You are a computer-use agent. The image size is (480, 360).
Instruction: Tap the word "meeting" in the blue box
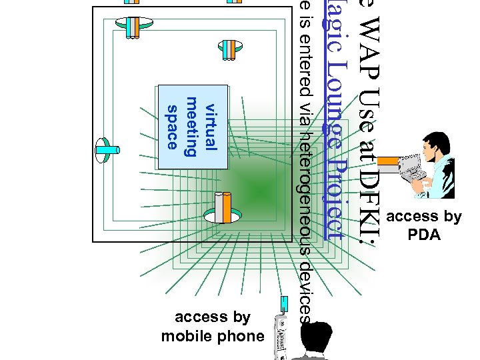[191, 127]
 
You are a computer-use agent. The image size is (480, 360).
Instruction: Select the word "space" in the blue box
[172, 127]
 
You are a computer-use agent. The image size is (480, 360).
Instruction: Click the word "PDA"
[423, 235]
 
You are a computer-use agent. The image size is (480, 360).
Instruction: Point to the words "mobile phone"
[213, 336]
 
